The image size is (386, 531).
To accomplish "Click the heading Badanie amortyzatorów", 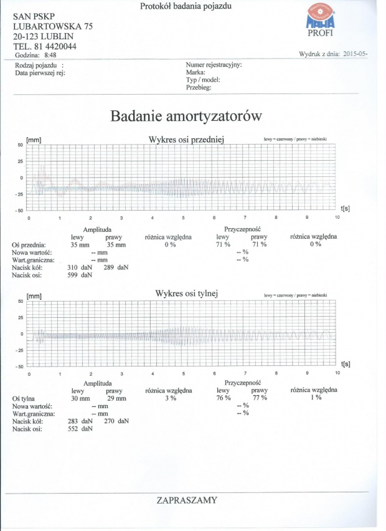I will tap(186, 116).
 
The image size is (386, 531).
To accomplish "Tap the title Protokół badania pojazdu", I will tap(186, 7).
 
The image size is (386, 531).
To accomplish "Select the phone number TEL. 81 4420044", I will tap(49, 45).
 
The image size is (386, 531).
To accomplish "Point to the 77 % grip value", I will tap(259, 398).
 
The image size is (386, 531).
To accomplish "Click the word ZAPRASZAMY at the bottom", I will tap(187, 500).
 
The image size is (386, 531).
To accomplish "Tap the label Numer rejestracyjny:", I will tap(214, 64).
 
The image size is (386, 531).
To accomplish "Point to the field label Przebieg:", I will tap(199, 88).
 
